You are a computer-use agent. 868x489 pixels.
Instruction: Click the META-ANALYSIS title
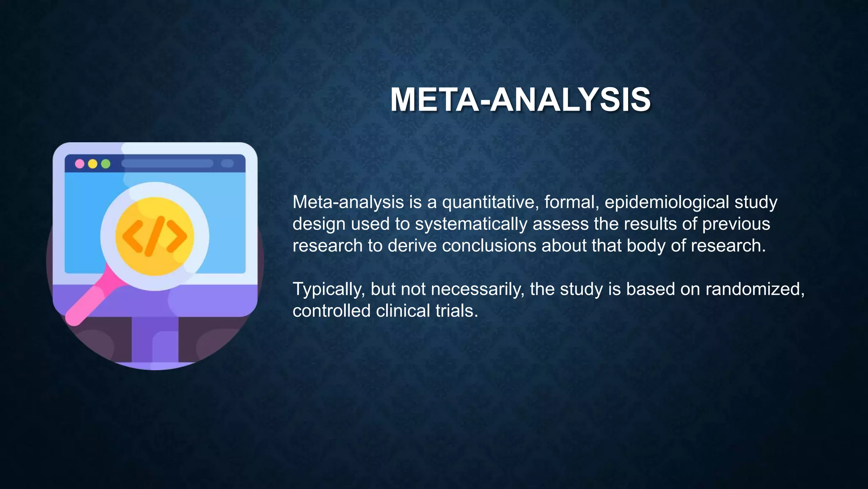(x=520, y=100)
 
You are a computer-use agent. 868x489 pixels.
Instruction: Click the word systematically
(x=471, y=224)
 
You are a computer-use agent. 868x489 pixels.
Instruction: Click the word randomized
(x=754, y=289)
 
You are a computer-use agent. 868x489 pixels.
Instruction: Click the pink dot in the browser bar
(x=80, y=164)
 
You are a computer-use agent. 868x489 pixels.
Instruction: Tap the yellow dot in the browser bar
(x=93, y=164)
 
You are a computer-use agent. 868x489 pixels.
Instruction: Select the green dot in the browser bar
(x=106, y=164)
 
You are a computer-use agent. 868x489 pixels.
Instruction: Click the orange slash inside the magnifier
(x=154, y=236)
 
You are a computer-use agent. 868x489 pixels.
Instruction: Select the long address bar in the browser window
(x=167, y=164)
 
